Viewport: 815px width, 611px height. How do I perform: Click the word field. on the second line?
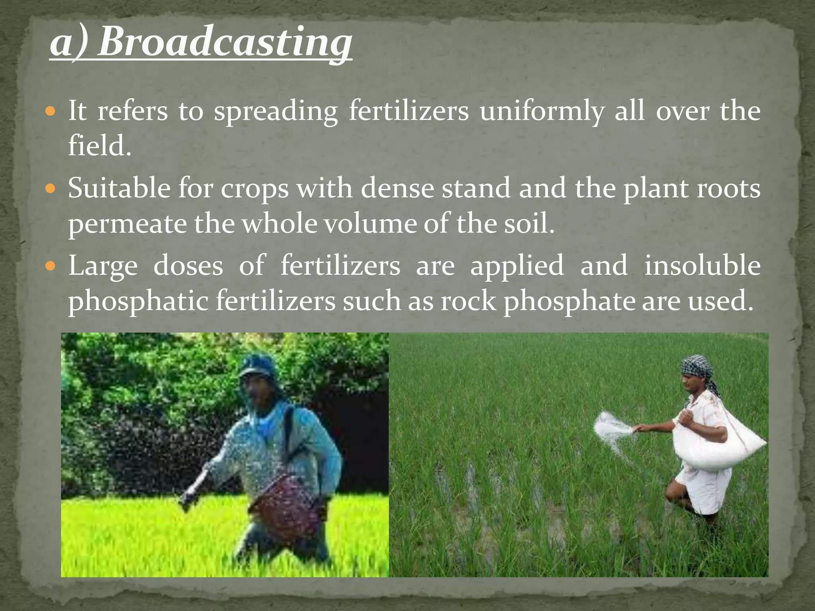pyautogui.click(x=99, y=146)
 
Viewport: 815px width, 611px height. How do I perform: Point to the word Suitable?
pyautogui.click(x=119, y=188)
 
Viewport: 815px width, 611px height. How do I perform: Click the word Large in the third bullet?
pyautogui.click(x=103, y=266)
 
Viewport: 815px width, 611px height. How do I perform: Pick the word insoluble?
pyautogui.click(x=702, y=265)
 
